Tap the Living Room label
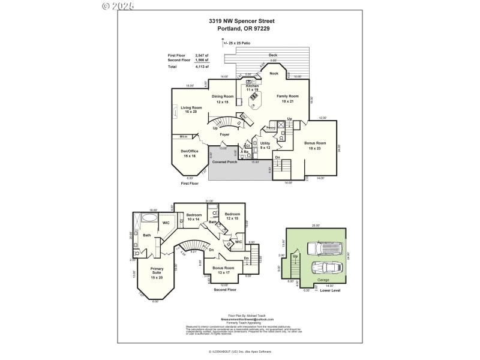pos(191,109)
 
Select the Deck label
pos(273,55)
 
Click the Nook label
pos(274,73)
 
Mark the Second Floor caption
pos(225,289)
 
